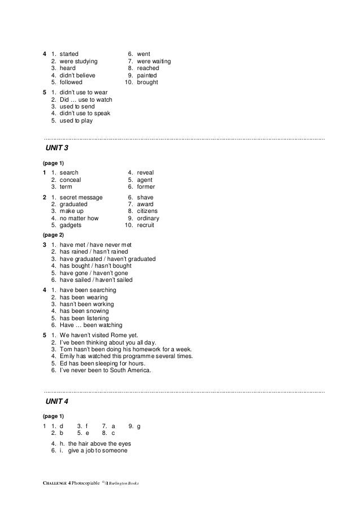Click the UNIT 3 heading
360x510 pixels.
point(56,148)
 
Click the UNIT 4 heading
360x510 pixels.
point(56,401)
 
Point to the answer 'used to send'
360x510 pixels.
point(77,106)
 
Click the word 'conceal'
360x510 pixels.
point(71,180)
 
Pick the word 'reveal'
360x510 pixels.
point(146,172)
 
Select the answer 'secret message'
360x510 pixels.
point(81,197)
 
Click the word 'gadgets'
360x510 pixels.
point(71,225)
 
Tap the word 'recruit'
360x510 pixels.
point(146,225)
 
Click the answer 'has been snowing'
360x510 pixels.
point(84,311)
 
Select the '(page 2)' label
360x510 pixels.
point(54,234)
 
